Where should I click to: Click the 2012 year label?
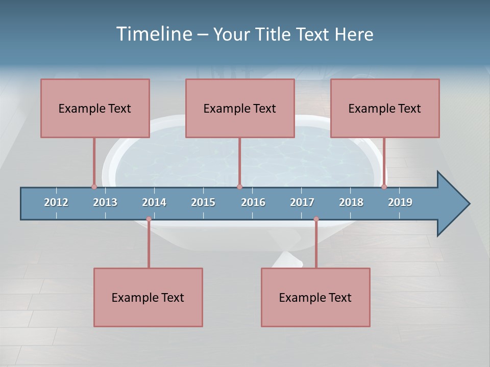click(x=56, y=202)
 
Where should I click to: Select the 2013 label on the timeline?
click(x=105, y=202)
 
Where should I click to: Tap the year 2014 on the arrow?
click(x=154, y=202)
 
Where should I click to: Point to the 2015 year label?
click(x=203, y=202)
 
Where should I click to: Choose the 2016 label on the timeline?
click(x=253, y=202)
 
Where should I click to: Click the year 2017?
click(x=302, y=202)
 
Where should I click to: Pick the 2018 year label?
click(x=351, y=202)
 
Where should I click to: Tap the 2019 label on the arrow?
click(x=400, y=202)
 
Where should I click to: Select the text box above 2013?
click(x=95, y=108)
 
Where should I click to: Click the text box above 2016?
click(x=240, y=108)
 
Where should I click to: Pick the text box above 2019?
click(x=385, y=108)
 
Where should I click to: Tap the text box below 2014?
click(x=148, y=297)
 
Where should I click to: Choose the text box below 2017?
click(x=315, y=297)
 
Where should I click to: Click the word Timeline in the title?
click(x=154, y=34)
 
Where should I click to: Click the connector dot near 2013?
click(x=94, y=187)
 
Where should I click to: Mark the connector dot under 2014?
click(x=149, y=219)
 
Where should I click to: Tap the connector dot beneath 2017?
click(x=316, y=219)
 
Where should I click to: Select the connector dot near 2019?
click(x=384, y=187)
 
